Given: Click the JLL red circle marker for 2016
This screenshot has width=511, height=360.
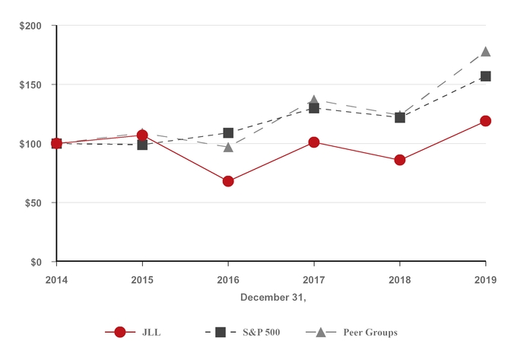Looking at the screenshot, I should [228, 181].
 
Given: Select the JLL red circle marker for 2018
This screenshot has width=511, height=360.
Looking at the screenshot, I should [400, 160].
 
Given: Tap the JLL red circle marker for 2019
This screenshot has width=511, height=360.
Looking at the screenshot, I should [486, 121].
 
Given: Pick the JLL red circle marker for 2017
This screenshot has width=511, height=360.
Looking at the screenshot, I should [314, 142].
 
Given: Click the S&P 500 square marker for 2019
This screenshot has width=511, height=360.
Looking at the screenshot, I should [486, 76].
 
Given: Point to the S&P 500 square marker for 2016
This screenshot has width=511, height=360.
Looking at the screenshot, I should [228, 132].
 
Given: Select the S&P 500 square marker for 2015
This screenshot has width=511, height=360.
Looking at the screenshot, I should [142, 145].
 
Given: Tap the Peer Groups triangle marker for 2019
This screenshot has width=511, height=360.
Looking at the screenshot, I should [486, 52].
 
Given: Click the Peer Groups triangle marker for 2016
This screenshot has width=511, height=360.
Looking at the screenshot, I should [228, 147].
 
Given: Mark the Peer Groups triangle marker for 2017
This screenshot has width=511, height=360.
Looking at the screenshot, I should [314, 100].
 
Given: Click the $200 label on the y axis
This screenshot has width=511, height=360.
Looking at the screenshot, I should [30, 26].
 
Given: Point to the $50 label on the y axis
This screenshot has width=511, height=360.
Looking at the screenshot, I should [33, 203].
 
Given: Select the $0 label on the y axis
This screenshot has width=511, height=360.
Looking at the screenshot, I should [36, 263].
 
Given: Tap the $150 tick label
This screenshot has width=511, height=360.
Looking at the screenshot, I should [30, 85].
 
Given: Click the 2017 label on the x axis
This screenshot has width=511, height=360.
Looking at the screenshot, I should [314, 280].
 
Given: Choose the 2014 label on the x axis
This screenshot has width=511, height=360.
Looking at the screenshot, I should [56, 280].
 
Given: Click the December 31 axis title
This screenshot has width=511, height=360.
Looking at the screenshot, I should [273, 298].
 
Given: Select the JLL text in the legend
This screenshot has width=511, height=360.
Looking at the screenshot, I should [151, 333].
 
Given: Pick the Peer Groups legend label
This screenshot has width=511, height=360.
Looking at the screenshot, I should [370, 333].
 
